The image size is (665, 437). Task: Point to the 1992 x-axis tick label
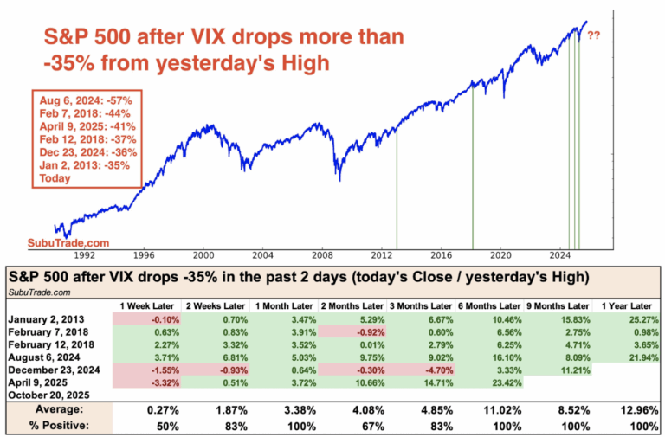click(x=84, y=256)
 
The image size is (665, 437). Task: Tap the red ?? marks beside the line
click(x=595, y=36)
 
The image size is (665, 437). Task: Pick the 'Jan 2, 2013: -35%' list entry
click(x=81, y=164)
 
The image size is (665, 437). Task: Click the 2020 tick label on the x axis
click(x=500, y=256)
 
